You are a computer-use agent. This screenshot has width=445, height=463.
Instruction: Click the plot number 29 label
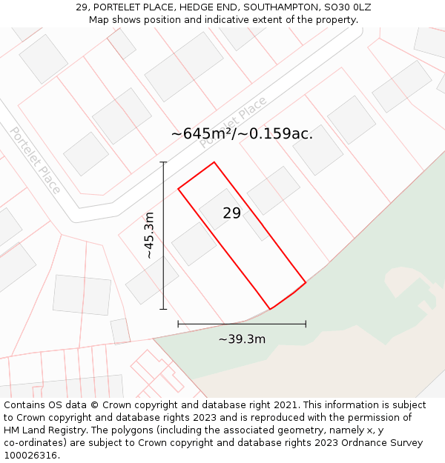231,213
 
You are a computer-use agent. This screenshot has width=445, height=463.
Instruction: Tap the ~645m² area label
242,133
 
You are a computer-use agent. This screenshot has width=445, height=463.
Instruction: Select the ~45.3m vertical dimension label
149,235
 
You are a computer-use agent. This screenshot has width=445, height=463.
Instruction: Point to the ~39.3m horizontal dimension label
242,339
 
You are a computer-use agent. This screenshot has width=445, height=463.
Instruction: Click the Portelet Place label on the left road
35,160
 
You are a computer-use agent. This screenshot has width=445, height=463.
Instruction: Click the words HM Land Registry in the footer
40,430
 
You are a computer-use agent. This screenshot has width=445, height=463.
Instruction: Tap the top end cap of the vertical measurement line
163,162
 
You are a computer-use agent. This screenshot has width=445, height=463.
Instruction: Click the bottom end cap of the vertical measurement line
163,309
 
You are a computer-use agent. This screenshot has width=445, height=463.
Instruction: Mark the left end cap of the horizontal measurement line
178,324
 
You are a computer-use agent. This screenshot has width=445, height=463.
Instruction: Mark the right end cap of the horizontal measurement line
306,324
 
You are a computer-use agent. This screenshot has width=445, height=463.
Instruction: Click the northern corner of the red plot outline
214,162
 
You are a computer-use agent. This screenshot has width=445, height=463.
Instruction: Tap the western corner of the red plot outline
178,189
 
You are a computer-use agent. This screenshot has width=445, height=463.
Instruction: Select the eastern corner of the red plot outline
306,282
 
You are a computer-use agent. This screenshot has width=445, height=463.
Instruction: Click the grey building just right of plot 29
273,190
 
